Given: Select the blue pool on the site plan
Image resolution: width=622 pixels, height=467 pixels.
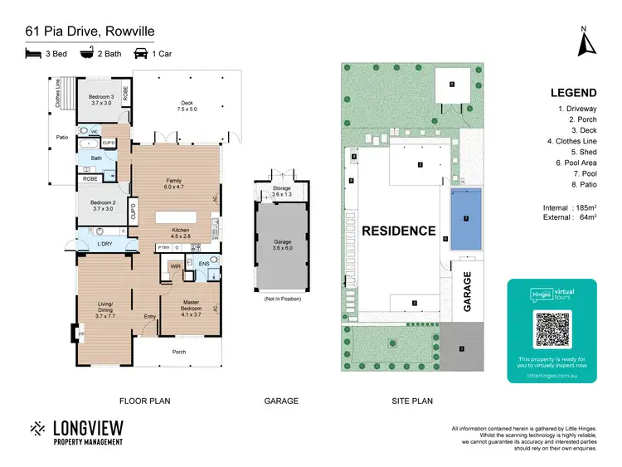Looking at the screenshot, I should click(x=466, y=219).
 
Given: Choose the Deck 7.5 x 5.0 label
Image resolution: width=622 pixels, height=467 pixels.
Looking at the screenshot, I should click(x=187, y=105).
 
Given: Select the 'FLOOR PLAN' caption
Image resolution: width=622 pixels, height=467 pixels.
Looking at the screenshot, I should click(x=145, y=401).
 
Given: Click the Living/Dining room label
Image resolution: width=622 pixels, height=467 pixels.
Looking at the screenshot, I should click(x=105, y=308).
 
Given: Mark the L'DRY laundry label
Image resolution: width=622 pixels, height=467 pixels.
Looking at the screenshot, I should click(x=104, y=243).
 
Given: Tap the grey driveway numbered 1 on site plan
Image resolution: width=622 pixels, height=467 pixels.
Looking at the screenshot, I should click(x=462, y=347).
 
